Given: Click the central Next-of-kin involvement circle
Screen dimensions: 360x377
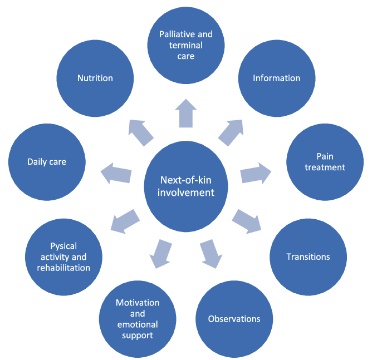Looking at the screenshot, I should click(x=187, y=186).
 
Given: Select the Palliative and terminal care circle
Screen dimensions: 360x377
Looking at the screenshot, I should click(x=186, y=45).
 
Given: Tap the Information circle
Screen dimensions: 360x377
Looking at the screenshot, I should click(x=277, y=78).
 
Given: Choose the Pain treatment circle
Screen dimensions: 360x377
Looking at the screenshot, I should click(x=325, y=162).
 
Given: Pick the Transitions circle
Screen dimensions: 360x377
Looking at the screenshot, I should click(x=308, y=257).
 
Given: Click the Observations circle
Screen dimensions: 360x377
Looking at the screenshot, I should click(x=234, y=319).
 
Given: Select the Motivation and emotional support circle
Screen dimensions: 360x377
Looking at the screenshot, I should click(x=138, y=319).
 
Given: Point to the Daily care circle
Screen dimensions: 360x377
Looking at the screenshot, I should click(x=47, y=162).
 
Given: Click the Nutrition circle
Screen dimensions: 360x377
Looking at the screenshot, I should click(x=95, y=78).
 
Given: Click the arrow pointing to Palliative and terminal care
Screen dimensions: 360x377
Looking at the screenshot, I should click(x=187, y=113).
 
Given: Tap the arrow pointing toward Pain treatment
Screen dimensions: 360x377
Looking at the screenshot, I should click(x=256, y=174).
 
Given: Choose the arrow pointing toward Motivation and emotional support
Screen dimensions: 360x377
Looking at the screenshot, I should click(x=161, y=253).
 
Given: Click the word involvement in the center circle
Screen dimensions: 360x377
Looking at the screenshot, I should click(x=187, y=193).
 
